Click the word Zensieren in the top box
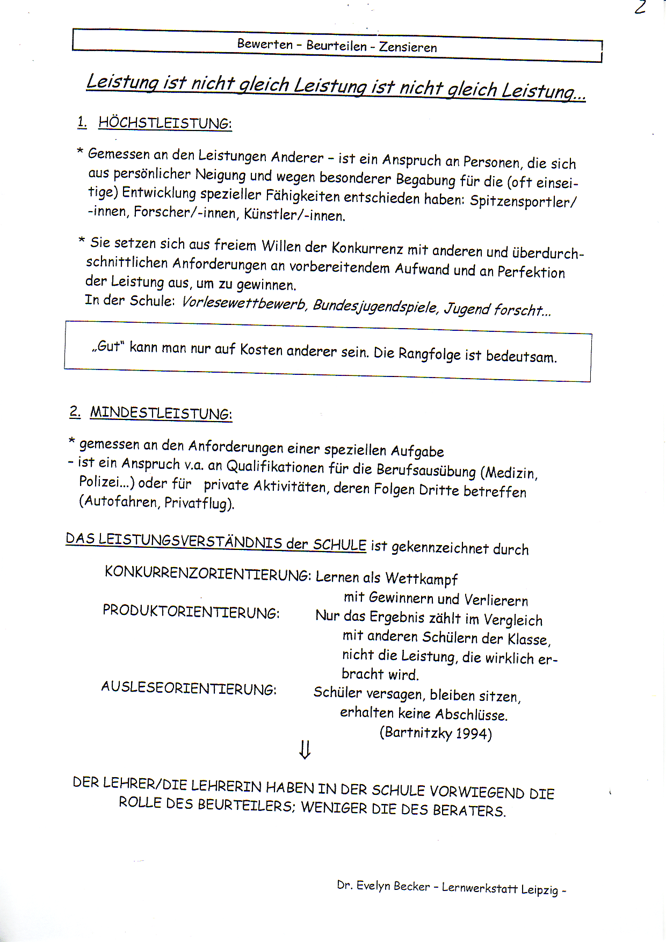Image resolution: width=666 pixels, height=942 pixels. (x=408, y=47)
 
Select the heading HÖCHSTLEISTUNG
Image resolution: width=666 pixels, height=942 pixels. (x=165, y=123)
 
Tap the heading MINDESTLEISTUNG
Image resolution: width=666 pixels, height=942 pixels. (x=161, y=413)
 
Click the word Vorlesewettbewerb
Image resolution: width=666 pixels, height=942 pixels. (x=244, y=303)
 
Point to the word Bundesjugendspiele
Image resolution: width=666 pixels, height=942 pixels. (x=375, y=307)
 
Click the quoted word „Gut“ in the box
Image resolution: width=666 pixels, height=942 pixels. (x=107, y=346)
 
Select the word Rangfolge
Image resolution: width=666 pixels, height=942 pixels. (x=429, y=354)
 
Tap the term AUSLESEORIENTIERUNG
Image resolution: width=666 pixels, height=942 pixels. (x=189, y=688)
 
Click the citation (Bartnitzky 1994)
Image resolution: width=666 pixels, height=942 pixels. (x=436, y=733)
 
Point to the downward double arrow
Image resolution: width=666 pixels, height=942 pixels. (x=305, y=749)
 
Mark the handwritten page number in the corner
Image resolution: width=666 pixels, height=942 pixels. (x=639, y=8)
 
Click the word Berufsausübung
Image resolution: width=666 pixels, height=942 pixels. (x=426, y=470)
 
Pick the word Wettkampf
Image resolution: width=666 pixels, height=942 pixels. (x=421, y=579)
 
